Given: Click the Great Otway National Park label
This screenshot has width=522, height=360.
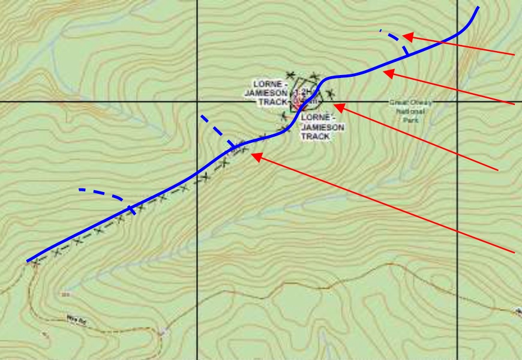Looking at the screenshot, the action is click(x=410, y=111).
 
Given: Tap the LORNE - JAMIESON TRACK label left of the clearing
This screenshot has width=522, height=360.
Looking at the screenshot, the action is click(x=267, y=94).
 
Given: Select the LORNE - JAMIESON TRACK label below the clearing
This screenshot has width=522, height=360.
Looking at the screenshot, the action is click(x=322, y=127).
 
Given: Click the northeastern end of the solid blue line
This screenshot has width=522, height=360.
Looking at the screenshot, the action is click(x=478, y=7).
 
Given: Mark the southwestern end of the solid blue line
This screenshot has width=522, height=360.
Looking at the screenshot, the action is click(x=28, y=261).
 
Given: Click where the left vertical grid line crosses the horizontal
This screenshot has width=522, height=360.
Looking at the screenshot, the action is click(x=197, y=101).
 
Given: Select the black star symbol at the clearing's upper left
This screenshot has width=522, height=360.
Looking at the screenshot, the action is click(x=291, y=75).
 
